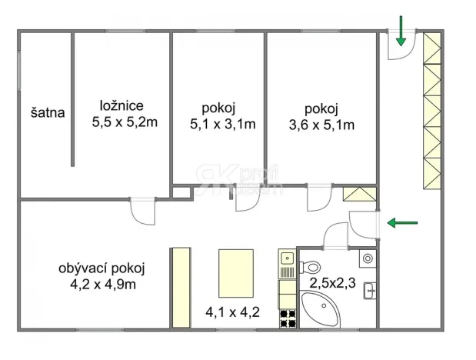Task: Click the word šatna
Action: (x=48, y=112)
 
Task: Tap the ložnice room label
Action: (x=125, y=106)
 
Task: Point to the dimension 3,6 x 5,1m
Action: (x=321, y=123)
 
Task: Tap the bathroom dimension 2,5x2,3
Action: (x=332, y=283)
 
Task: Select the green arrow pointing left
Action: (x=402, y=223)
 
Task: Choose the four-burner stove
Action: (x=288, y=316)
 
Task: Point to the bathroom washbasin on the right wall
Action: (x=371, y=290)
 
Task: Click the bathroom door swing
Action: (x=336, y=236)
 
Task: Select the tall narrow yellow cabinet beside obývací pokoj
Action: (x=180, y=285)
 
